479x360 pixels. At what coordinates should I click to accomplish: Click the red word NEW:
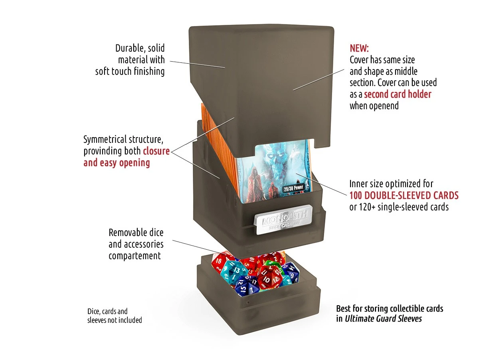pyautogui.click(x=359, y=48)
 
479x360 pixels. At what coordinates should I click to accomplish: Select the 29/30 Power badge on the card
pyautogui.click(x=293, y=188)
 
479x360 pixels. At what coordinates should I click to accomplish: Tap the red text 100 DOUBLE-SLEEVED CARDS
pyautogui.click(x=404, y=196)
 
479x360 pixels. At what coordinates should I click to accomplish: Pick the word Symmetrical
pyautogui.click(x=105, y=140)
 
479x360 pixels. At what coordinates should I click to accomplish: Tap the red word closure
pyautogui.click(x=156, y=151)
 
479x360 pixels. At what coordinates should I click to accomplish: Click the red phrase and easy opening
pyautogui.click(x=117, y=163)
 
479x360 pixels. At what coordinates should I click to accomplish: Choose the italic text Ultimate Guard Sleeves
pyautogui.click(x=383, y=319)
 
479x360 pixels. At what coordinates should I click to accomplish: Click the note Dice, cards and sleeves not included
pyautogui.click(x=115, y=316)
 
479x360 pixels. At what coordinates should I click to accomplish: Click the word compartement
pyautogui.click(x=135, y=256)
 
